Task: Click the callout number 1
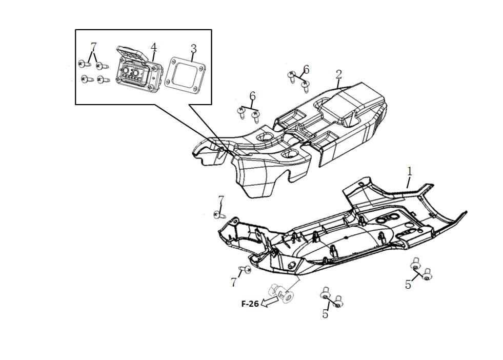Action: tap(409, 171)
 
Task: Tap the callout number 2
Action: tap(339, 74)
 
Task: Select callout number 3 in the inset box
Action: tap(193, 49)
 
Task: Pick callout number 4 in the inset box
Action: tap(153, 47)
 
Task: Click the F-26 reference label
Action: tap(250, 304)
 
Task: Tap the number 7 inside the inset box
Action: tap(93, 47)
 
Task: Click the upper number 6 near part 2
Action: tap(306, 69)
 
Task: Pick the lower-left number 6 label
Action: tap(252, 96)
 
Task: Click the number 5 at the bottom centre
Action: tap(325, 314)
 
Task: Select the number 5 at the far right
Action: tap(408, 285)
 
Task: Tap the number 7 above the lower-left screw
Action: tap(221, 199)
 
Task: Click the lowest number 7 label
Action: tap(234, 282)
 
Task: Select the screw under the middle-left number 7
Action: tap(219, 214)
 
